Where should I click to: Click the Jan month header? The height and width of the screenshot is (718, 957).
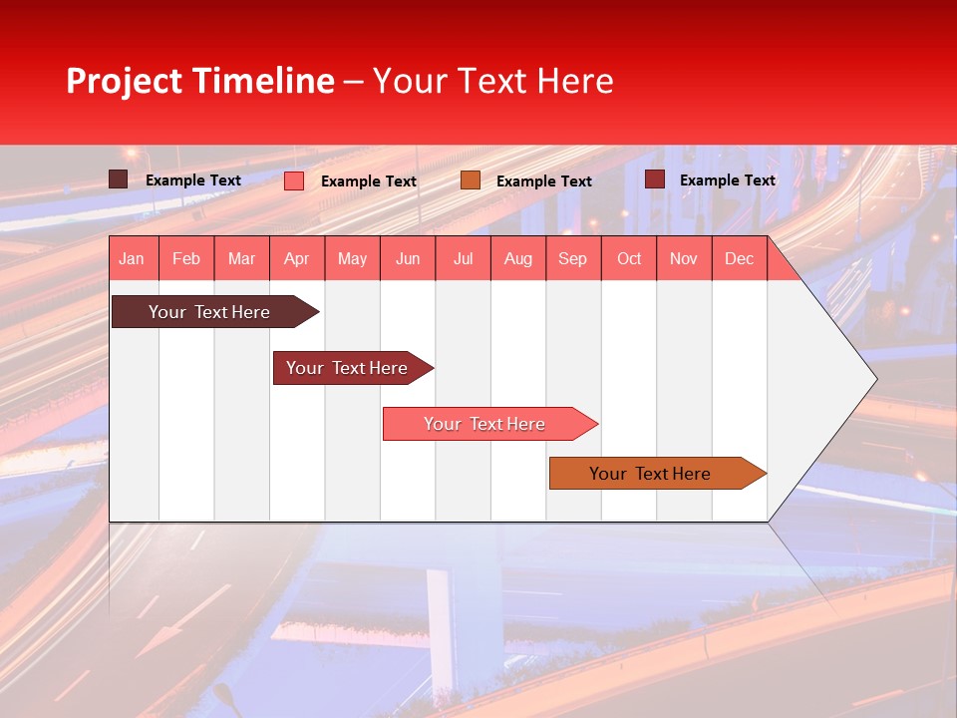click(132, 259)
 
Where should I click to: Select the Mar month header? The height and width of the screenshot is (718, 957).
click(241, 259)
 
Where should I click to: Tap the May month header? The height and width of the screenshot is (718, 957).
click(352, 259)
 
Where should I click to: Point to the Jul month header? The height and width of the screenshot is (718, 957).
click(463, 259)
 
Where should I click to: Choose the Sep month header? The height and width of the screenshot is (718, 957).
click(572, 259)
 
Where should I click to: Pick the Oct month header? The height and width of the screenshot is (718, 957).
click(629, 259)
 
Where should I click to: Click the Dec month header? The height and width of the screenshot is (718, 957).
click(739, 259)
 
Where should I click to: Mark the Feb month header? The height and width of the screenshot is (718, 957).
click(186, 259)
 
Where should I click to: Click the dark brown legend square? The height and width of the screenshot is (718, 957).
click(119, 179)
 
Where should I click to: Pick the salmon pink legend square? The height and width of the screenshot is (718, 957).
click(294, 180)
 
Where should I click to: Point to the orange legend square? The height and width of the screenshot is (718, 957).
click(471, 180)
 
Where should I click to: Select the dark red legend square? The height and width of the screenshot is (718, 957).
click(655, 179)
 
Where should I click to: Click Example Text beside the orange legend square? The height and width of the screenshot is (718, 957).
click(543, 181)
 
